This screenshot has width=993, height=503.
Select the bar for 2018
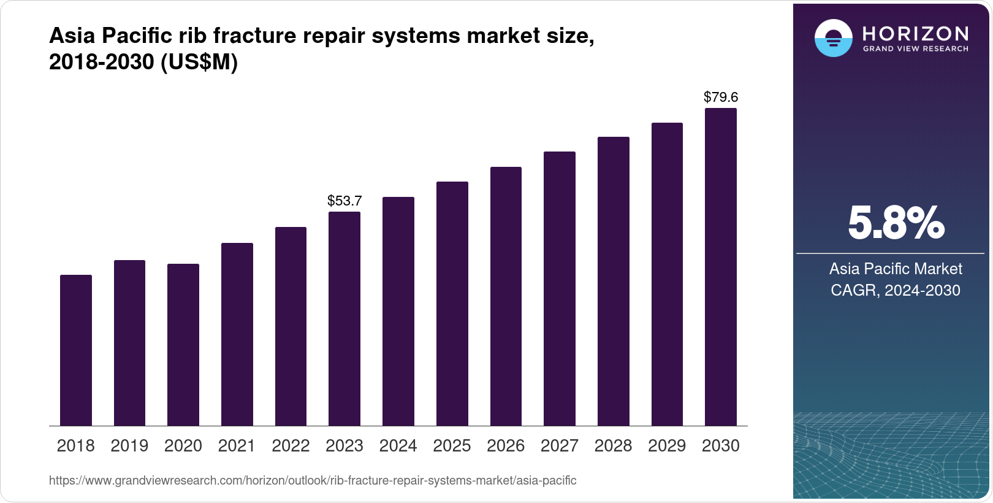click(x=76, y=350)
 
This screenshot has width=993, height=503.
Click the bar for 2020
click(x=183, y=345)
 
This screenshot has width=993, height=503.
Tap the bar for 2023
click(x=344, y=319)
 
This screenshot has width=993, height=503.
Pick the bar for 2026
click(x=506, y=296)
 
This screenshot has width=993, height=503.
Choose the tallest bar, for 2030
click(x=721, y=267)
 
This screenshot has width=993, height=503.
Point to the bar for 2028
click(x=613, y=282)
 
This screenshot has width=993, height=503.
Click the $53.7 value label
click(x=344, y=201)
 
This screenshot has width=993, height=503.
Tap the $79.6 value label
click(x=721, y=97)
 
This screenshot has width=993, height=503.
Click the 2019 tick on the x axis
click(x=129, y=446)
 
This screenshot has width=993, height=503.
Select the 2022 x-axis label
click(x=291, y=446)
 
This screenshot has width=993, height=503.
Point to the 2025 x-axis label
click(x=452, y=446)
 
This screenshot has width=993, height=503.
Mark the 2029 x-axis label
click(x=667, y=446)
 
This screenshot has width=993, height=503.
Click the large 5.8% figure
click(x=896, y=223)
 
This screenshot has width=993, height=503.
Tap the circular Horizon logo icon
click(x=833, y=38)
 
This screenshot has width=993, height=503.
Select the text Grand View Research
click(x=915, y=49)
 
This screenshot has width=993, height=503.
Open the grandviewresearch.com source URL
click(x=313, y=480)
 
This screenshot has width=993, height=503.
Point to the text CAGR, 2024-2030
click(x=896, y=290)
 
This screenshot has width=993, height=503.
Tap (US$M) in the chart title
click(x=199, y=62)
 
